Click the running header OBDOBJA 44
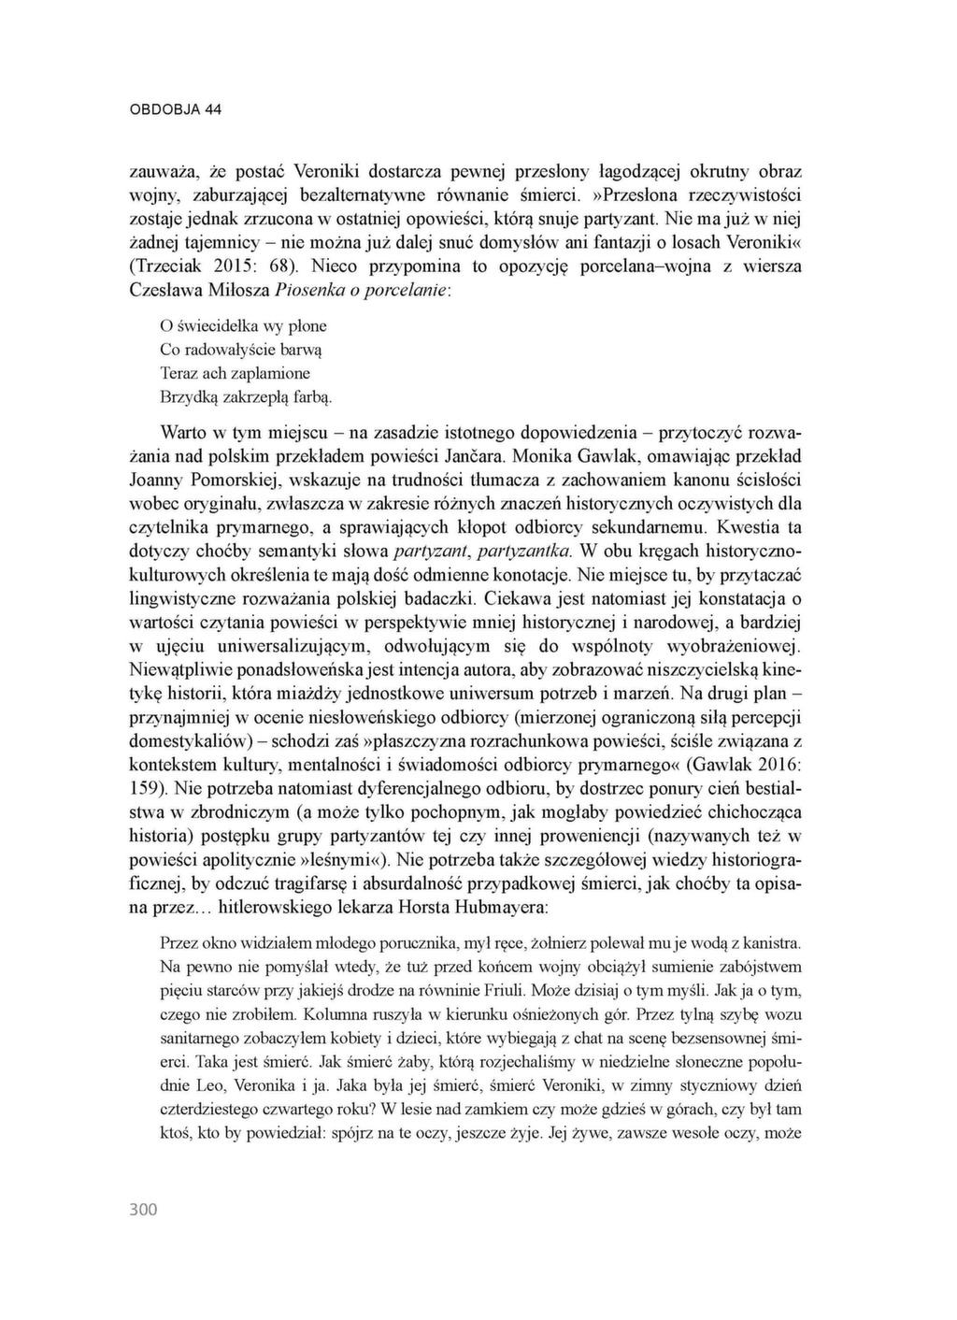pyautogui.click(x=175, y=109)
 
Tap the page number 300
pyautogui.click(x=143, y=1210)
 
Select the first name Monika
pyautogui.click(x=541, y=457)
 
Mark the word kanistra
pyautogui.click(x=772, y=941)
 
